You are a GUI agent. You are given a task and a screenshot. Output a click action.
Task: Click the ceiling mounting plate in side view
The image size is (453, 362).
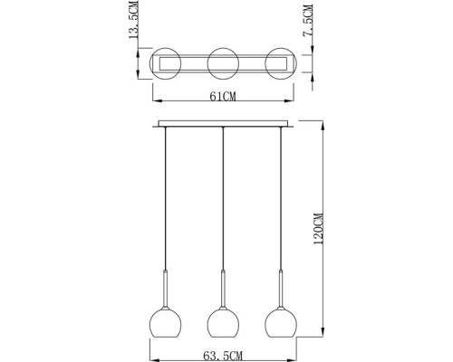tap(223, 123)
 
